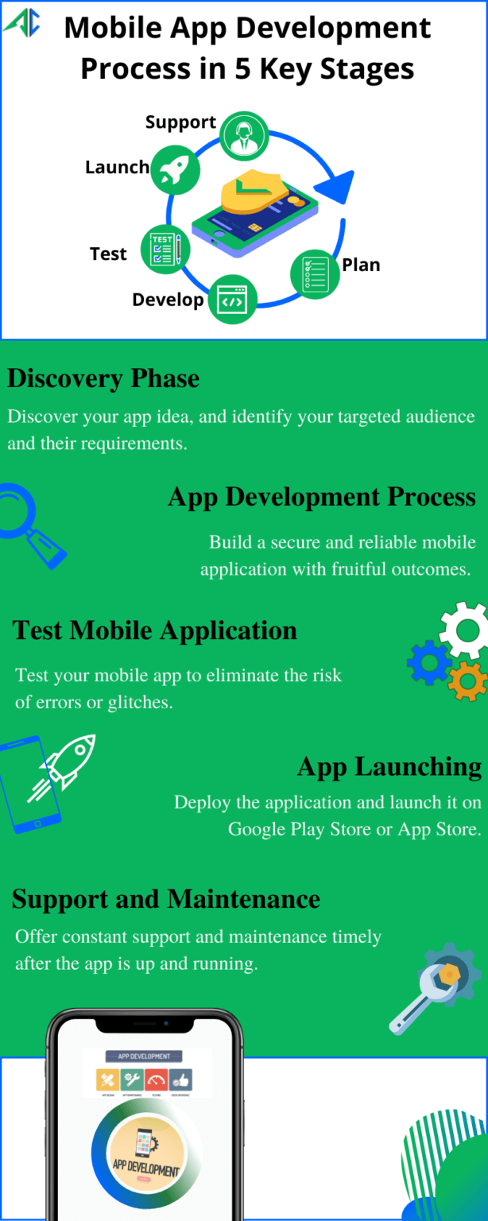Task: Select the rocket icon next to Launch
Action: click(175, 171)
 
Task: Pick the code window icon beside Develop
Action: click(233, 300)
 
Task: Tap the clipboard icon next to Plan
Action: click(315, 273)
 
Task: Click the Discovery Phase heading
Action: click(103, 378)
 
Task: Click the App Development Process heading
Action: click(322, 497)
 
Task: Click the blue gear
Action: click(429, 662)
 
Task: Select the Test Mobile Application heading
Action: click(155, 630)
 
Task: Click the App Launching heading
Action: click(389, 767)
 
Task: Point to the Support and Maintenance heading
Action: click(166, 899)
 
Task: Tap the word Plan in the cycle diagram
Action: click(361, 265)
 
